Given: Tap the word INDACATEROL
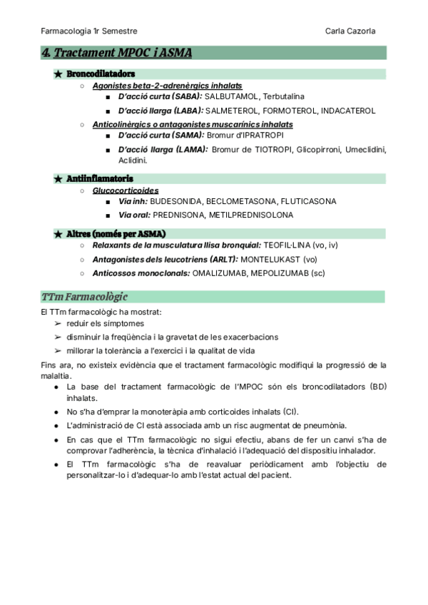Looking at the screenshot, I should tap(348, 111).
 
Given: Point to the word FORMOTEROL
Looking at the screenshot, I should tap(290, 111).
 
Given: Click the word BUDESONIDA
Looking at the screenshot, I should tap(178, 202).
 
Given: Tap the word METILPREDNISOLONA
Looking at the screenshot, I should tap(251, 215).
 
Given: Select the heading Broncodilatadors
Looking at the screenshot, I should tap(101, 73).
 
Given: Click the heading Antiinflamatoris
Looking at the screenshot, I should tap(100, 178).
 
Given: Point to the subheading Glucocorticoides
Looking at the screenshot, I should tap(126, 190).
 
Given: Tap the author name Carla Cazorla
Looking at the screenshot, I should tap(350, 31).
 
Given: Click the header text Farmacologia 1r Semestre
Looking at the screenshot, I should tap(90, 31).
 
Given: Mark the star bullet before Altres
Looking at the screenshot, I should tap(58, 234).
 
